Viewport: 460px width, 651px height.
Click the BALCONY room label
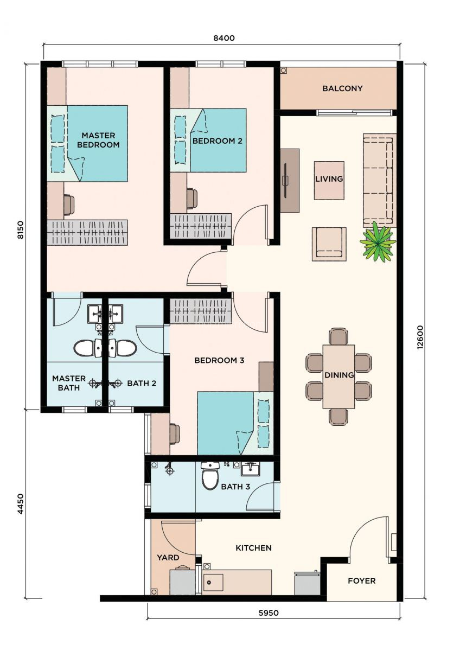(x=342, y=88)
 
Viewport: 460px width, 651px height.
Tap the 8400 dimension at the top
(x=224, y=38)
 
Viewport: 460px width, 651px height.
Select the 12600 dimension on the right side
(x=421, y=337)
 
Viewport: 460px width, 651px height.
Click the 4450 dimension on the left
(x=20, y=503)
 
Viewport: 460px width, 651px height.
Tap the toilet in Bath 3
(x=210, y=475)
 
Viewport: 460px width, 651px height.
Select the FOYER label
(x=361, y=580)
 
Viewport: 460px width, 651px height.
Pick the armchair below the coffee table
(x=329, y=244)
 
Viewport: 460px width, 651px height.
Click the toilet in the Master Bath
(x=87, y=348)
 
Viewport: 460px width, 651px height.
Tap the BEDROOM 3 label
(x=219, y=360)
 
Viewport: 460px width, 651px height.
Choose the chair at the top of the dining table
(x=338, y=336)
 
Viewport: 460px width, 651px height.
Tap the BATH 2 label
(x=142, y=384)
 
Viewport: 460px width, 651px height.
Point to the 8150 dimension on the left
(x=20, y=229)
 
